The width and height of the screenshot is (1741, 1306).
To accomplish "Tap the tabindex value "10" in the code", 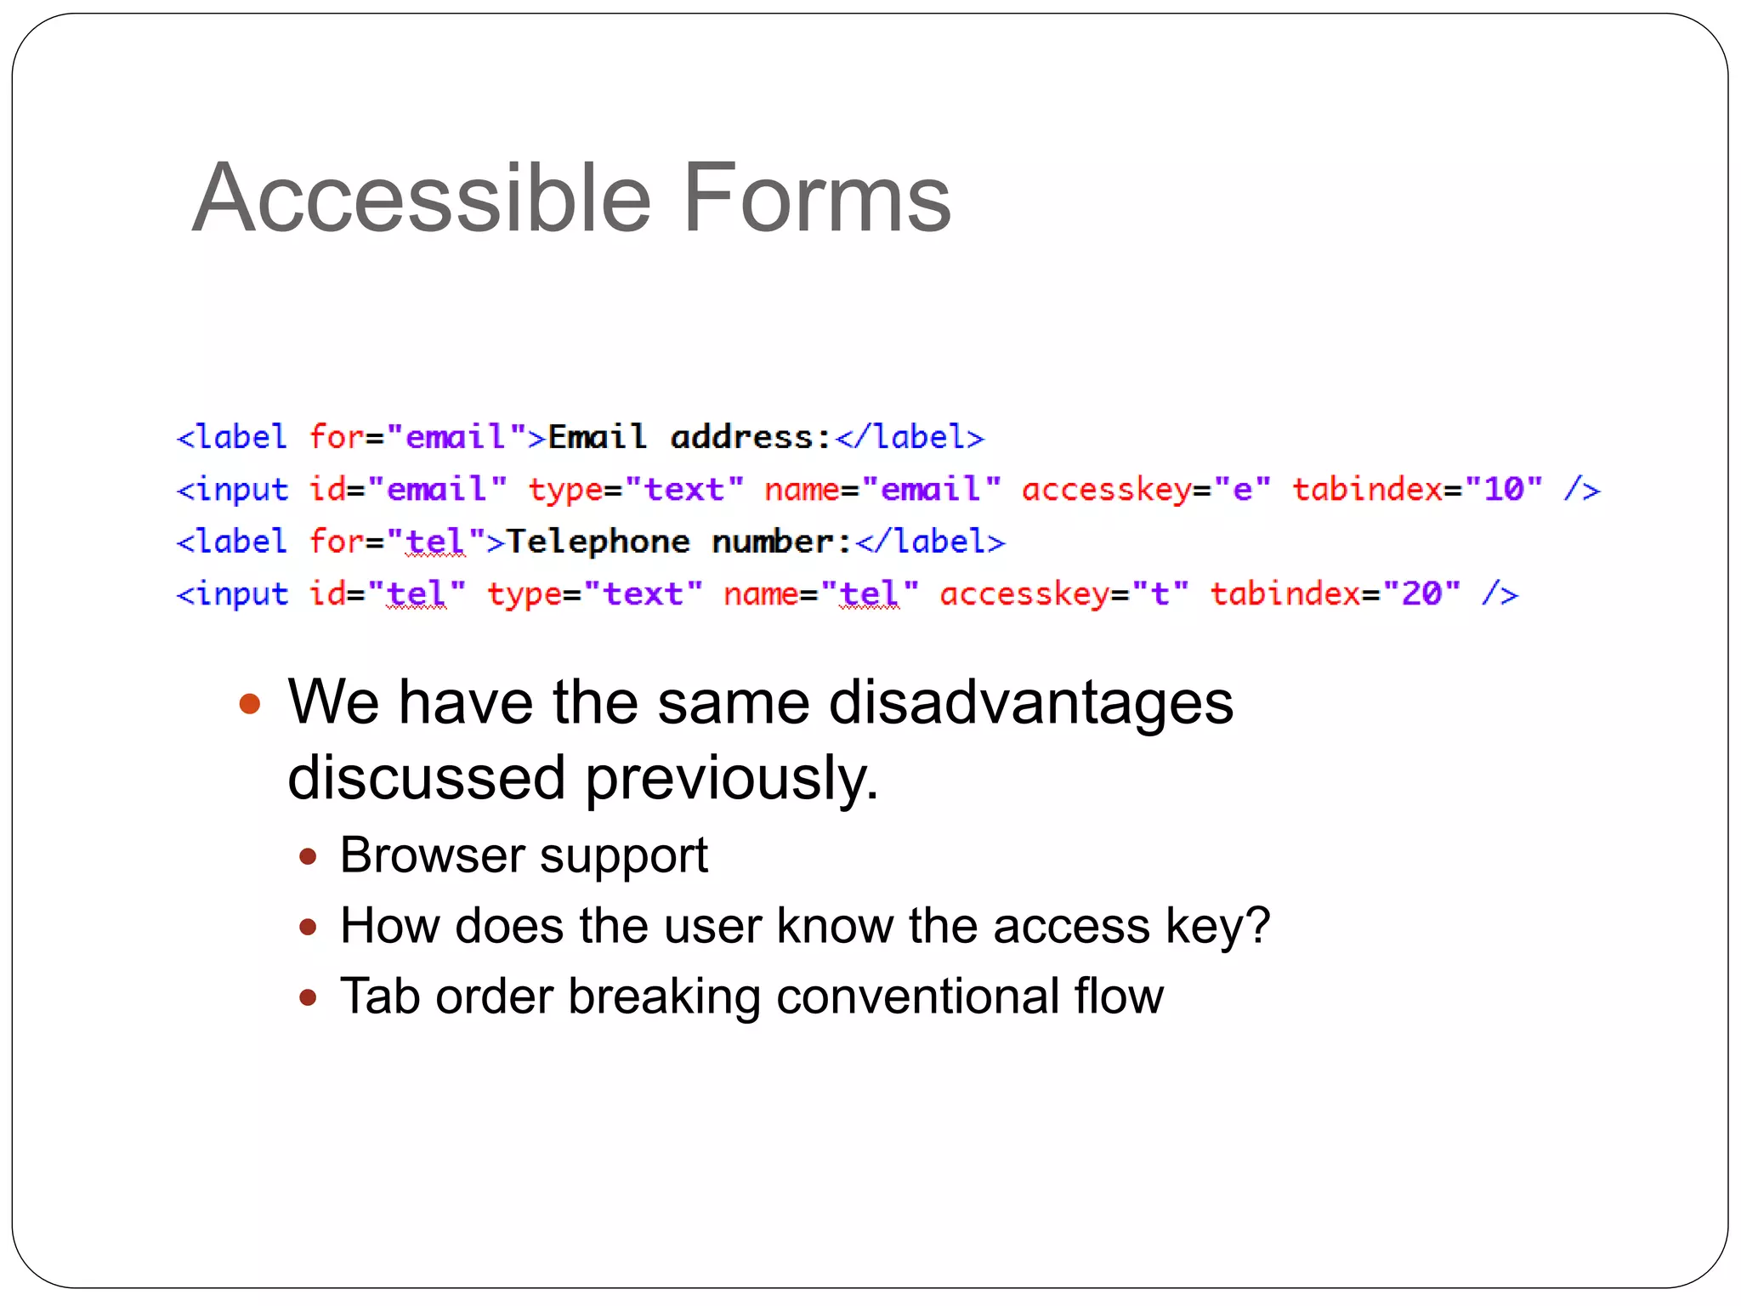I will pyautogui.click(x=1504, y=489).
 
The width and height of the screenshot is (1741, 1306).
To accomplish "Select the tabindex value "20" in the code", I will pyautogui.click(x=1422, y=593).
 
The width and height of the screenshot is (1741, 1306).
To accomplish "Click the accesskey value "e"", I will pyautogui.click(x=1242, y=489).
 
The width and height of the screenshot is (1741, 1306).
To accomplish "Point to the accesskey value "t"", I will pyautogui.click(x=1160, y=593).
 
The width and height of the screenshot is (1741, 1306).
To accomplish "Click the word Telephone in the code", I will pyautogui.click(x=598, y=542).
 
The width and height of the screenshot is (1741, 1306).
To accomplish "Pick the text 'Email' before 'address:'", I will pyautogui.click(x=597, y=437).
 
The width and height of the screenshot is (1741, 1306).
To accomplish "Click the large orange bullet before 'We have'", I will pyautogui.click(x=249, y=703).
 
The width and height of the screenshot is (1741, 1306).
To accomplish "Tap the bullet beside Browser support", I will pyautogui.click(x=309, y=855).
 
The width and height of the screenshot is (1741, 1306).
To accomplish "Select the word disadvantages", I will pyautogui.click(x=1030, y=703).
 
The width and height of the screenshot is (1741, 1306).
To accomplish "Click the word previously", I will pyautogui.click(x=731, y=779).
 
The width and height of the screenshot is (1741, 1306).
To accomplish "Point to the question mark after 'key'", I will pyautogui.click(x=1259, y=925).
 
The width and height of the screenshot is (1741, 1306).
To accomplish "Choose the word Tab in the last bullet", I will pyautogui.click(x=380, y=996).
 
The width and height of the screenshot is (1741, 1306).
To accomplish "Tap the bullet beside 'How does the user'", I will pyautogui.click(x=309, y=926).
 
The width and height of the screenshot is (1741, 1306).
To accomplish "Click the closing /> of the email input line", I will pyautogui.click(x=1581, y=489).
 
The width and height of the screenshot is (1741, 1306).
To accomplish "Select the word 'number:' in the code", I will pyautogui.click(x=781, y=542).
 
